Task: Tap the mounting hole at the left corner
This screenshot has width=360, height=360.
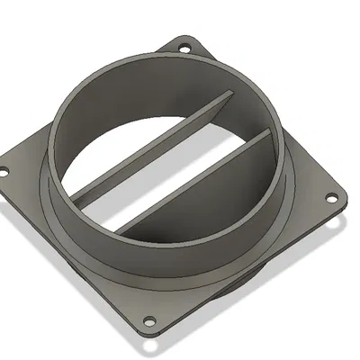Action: coord(4,169)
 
